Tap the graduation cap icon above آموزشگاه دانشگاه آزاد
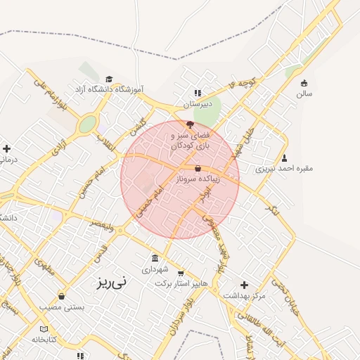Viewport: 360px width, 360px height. [x=108, y=79]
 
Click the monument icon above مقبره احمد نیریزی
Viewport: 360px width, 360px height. [x=284, y=157]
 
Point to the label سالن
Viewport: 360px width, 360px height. [x=304, y=94]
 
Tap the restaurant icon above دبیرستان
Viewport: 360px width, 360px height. [x=198, y=93]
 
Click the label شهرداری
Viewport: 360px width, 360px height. [x=155, y=269]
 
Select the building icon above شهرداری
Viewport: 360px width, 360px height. [x=155, y=258]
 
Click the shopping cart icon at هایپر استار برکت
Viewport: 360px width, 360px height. [x=181, y=273]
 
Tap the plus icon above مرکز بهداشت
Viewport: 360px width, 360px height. [x=244, y=285]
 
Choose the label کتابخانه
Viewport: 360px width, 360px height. [x=44, y=340]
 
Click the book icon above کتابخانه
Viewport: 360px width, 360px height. [x=44, y=329]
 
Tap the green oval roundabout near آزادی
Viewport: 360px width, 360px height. [x=87, y=125]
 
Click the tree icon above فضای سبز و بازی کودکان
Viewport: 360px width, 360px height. [x=181, y=124]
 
